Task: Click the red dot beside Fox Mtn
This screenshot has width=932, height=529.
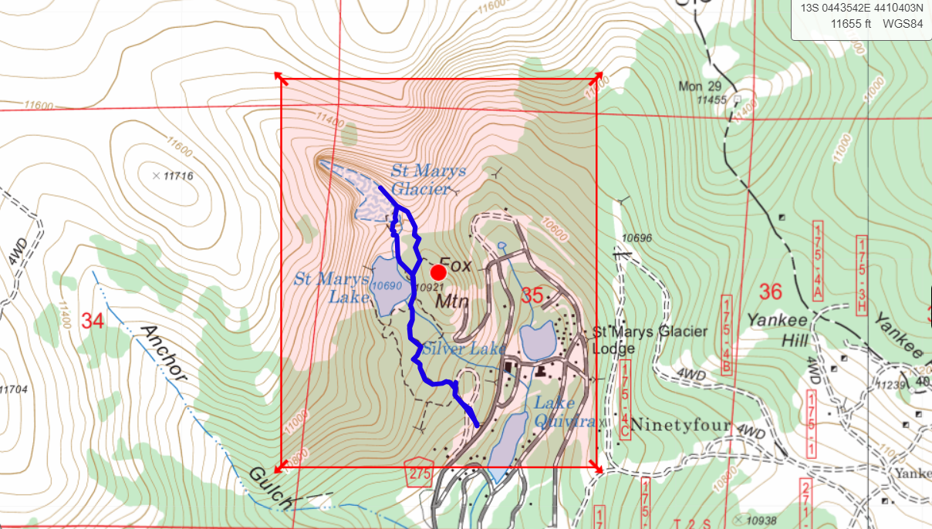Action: (438, 272)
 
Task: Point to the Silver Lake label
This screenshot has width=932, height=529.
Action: (453, 349)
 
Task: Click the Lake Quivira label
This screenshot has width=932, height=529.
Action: (565, 413)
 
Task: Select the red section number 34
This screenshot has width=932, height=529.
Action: (92, 321)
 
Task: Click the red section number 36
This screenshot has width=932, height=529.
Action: (771, 291)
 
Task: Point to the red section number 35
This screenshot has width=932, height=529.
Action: (532, 295)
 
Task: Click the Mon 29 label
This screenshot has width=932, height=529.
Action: (700, 86)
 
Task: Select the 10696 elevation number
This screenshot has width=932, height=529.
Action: (636, 238)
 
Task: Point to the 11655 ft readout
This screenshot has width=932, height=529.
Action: (851, 23)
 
